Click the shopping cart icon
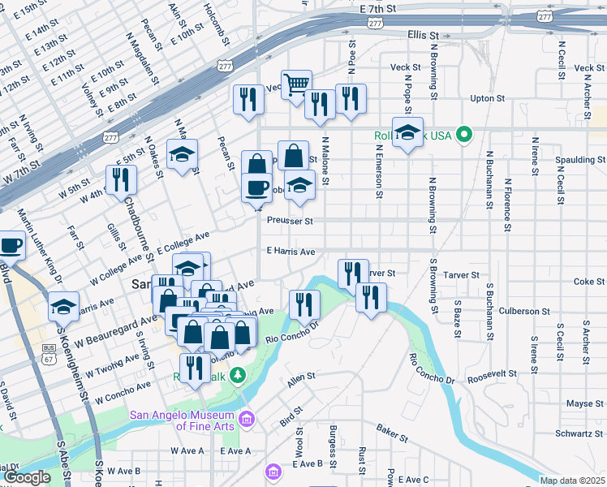[x=297, y=83]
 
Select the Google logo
[x=27, y=477]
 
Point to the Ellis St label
[x=423, y=36]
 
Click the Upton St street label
[x=487, y=98]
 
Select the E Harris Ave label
[x=291, y=252]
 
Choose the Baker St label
[x=391, y=432]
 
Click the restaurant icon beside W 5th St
[x=121, y=179]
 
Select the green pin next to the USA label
[x=464, y=134]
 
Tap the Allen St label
[x=300, y=379]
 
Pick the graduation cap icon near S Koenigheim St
[x=62, y=307]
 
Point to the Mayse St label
[x=579, y=403]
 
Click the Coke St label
[x=583, y=282]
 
